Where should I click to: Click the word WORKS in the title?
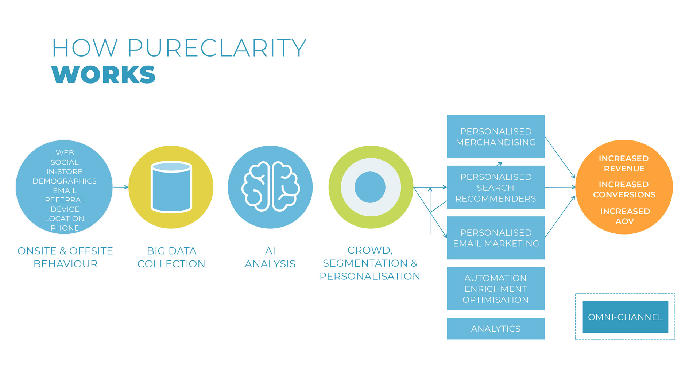[x=104, y=75]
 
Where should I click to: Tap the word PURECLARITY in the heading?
[x=217, y=48]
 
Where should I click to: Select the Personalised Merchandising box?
[x=495, y=136]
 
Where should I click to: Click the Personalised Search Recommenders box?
[x=495, y=187]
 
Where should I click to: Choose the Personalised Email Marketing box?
[x=495, y=238]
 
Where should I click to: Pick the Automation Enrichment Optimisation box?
[x=495, y=289]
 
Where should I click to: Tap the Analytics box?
[x=495, y=329]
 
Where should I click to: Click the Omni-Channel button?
[x=625, y=317]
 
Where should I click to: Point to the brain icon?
[x=270, y=187]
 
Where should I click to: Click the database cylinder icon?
[x=171, y=187]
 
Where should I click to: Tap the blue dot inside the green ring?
[x=370, y=187]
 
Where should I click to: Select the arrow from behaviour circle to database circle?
[x=121, y=187]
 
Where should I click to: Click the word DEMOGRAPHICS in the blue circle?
[x=65, y=181]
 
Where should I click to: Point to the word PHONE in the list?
[x=65, y=228]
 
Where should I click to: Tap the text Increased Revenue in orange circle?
[x=624, y=163]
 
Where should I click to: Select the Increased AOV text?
[x=625, y=216]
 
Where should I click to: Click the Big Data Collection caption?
[x=171, y=257]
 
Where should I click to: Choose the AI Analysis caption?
[x=270, y=257]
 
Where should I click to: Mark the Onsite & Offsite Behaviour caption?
[x=65, y=257]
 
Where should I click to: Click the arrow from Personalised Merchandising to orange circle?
[x=560, y=157]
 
